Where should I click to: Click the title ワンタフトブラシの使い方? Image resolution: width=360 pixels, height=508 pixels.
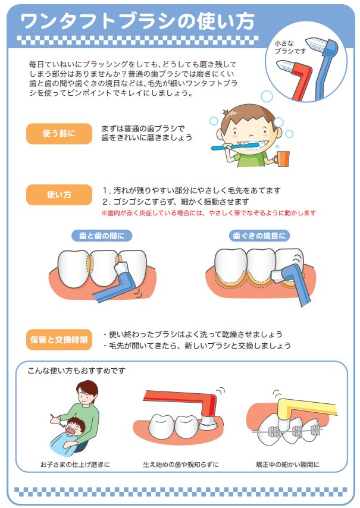[137, 21]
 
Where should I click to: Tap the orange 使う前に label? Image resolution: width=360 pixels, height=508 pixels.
[59, 133]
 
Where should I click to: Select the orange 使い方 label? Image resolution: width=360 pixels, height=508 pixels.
[59, 195]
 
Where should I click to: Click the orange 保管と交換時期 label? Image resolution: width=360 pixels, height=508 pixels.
[59, 340]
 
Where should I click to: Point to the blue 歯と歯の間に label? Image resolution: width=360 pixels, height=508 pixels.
[102, 236]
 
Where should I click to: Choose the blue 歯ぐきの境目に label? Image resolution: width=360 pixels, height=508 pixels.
[259, 236]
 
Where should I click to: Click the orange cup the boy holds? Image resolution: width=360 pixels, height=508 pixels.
[283, 159]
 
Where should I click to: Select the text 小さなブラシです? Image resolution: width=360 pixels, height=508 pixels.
[290, 47]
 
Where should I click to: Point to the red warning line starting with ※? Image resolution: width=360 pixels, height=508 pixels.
[209, 213]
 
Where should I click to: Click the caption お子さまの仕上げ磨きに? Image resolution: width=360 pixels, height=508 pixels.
[75, 465]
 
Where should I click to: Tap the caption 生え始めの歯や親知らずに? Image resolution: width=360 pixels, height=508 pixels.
[181, 465]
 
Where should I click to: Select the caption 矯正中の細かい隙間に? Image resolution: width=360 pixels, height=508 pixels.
[287, 465]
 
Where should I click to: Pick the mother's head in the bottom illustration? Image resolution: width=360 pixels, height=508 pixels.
[87, 391]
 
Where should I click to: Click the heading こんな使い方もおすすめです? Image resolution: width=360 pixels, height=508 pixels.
[77, 371]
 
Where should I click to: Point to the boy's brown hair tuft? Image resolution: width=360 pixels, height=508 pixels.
[227, 113]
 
